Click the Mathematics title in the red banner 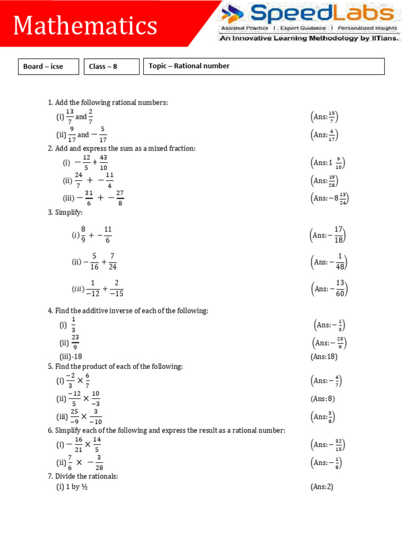tap(85, 25)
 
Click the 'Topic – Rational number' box tap(263, 67)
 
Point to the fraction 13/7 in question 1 tap(69, 116)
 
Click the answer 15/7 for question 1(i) tap(324, 117)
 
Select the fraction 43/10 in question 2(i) tap(104, 163)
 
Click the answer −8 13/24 tap(329, 199)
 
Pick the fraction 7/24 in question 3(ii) tap(112, 261)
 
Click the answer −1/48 tap(328, 262)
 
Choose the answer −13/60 tap(328, 289)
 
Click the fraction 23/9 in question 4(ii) tap(75, 342)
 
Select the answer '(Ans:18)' tap(324, 357)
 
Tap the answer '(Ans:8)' tap(322, 399)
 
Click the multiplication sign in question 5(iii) tap(84, 416)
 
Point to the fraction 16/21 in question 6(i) tap(78, 444)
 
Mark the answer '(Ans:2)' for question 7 tap(322, 487)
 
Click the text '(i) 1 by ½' tap(72, 487)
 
